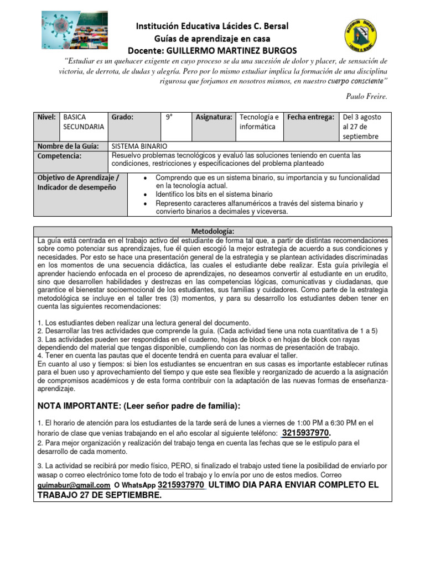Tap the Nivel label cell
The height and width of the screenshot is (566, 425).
[x=46, y=117]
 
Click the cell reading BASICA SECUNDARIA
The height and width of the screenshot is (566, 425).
[x=84, y=122]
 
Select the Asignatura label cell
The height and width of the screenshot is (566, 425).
[x=214, y=117]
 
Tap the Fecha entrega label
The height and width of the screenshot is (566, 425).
[x=310, y=117]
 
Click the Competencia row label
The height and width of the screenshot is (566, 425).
[x=59, y=156]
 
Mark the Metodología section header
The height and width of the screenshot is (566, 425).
[x=212, y=231]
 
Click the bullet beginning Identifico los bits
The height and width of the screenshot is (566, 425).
[x=214, y=195]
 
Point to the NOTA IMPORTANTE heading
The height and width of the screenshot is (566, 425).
[x=139, y=406]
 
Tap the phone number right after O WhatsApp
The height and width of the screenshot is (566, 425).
[x=182, y=485]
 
